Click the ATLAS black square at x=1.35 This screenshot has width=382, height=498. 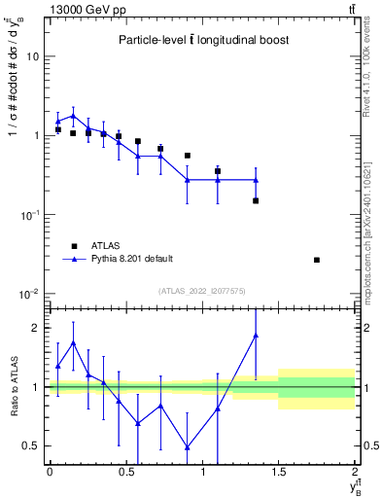(256, 200)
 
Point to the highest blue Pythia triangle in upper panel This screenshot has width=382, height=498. (73, 116)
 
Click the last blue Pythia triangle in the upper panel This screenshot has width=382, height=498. (256, 180)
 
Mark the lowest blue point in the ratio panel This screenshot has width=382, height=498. (187, 447)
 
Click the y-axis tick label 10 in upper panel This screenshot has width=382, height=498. (34, 56)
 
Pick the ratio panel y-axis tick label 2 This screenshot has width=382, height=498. (38, 328)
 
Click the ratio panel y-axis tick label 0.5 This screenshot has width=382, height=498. (33, 446)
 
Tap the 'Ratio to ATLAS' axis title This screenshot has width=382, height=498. (13, 386)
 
